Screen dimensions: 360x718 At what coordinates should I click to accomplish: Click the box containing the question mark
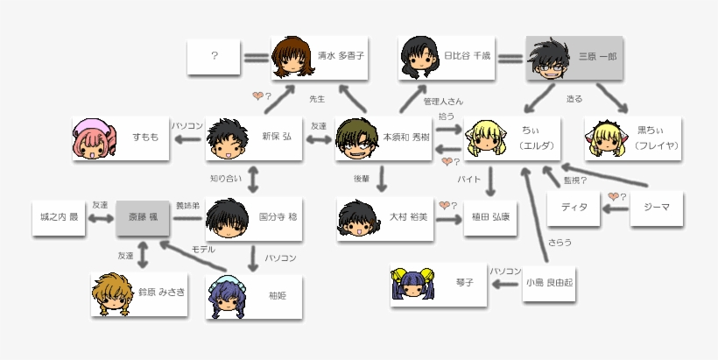tap(215, 56)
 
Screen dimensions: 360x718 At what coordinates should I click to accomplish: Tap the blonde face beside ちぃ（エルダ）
tap(485, 138)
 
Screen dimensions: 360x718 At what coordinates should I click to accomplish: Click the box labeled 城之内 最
tap(60, 215)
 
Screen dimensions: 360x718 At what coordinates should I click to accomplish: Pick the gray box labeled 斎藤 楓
tap(143, 215)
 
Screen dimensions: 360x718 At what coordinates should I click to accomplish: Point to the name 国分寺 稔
tap(277, 215)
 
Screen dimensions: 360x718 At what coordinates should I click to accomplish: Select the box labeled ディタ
tap(574, 208)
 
